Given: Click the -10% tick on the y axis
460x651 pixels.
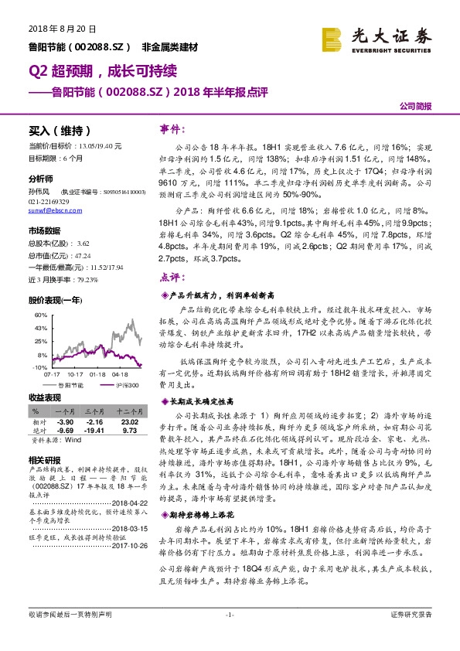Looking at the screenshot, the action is click(x=37, y=368).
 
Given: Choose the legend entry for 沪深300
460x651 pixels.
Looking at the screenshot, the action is click(x=127, y=384).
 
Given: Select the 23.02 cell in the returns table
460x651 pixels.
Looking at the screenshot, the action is click(x=128, y=422).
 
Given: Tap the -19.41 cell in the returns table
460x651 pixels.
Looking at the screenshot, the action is click(x=94, y=431).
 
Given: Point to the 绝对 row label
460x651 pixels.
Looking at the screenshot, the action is click(x=39, y=431).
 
